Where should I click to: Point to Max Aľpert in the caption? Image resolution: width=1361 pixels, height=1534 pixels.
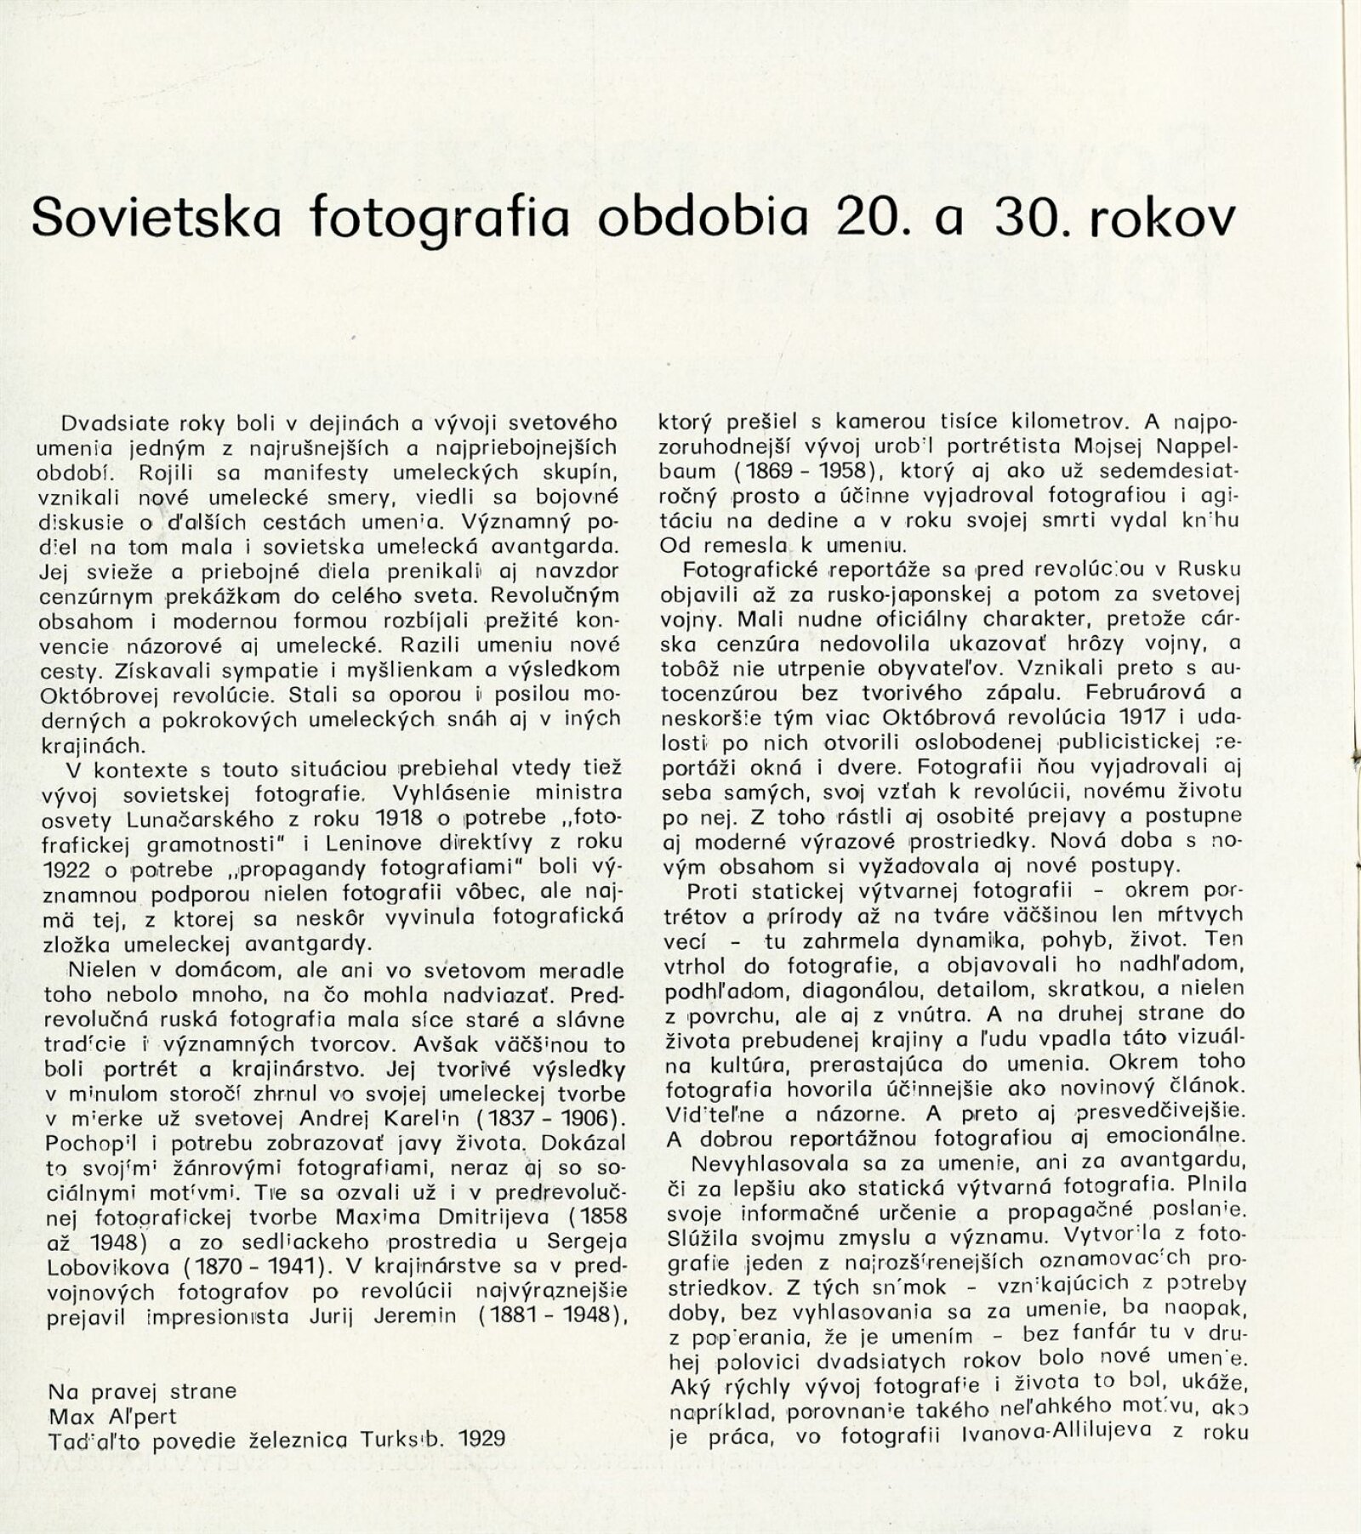(113, 1416)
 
